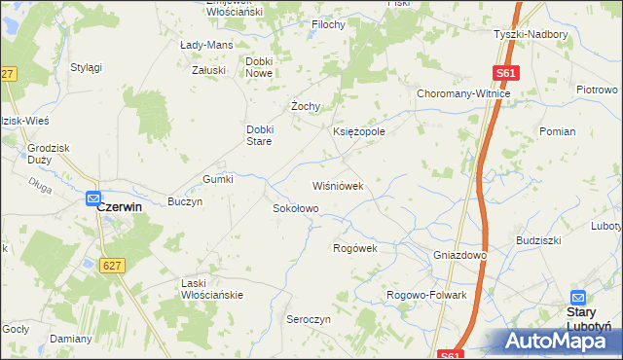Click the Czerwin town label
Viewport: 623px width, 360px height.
120,207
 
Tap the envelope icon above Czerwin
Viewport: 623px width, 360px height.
93,198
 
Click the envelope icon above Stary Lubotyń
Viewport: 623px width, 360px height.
577,297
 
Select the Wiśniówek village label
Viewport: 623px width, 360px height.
337,186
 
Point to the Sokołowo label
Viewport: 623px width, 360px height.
295,208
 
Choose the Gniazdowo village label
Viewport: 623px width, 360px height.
459,255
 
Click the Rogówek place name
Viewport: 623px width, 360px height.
354,248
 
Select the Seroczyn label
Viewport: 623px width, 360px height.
309,319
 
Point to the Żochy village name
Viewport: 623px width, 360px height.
307,106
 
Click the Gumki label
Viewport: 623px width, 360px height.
218,179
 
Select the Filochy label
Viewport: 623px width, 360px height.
328,24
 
